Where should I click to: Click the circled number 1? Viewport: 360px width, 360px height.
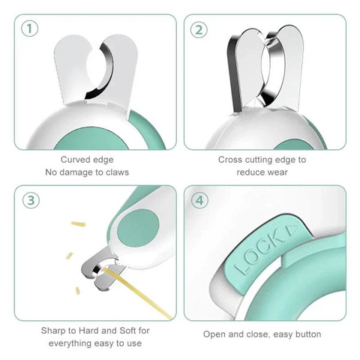(28, 30)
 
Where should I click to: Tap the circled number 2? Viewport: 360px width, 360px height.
(199, 30)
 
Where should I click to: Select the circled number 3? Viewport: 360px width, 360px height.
(28, 200)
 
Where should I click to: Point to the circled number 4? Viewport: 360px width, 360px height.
(199, 200)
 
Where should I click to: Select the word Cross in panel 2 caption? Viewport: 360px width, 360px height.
(231, 160)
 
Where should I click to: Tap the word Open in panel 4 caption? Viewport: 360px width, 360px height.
(216, 334)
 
